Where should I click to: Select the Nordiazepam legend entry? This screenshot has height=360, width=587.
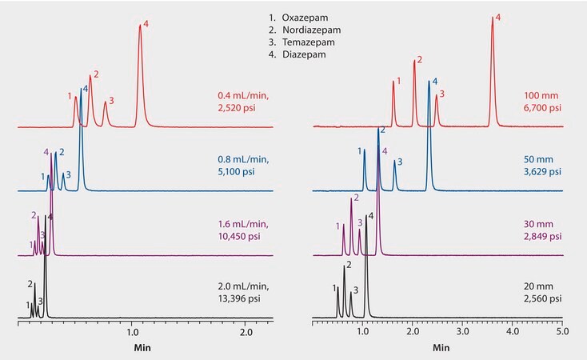tap(306, 30)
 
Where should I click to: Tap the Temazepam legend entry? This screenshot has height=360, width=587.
tap(304, 42)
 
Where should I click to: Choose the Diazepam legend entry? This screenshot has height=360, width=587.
tap(301, 54)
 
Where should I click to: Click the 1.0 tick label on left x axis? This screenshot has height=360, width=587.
tap(133, 330)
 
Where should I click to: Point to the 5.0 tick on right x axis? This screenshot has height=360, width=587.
tap(563, 330)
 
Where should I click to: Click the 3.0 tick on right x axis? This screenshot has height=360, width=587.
tap(462, 330)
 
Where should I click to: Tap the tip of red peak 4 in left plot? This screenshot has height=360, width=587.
tap(140, 25)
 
